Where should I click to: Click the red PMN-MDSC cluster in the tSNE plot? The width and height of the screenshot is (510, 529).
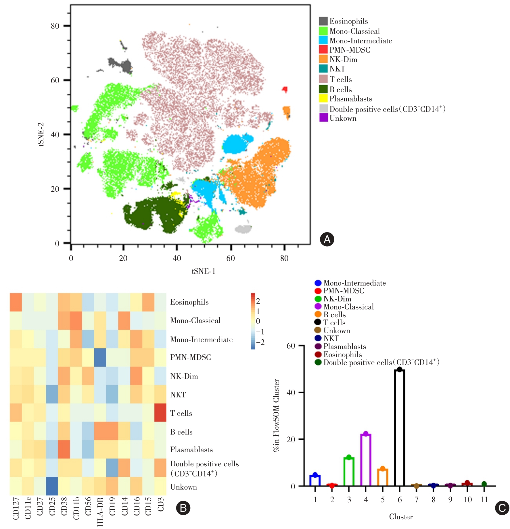coord(285,90)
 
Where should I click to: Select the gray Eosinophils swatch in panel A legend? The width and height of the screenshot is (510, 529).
coord(323,21)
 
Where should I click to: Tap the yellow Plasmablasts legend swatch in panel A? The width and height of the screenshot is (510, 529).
coord(323,99)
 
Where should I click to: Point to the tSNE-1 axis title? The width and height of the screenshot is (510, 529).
coord(204,271)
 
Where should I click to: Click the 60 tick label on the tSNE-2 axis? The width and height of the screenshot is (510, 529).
coord(55,80)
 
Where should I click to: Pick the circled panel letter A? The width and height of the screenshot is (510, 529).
coord(327,239)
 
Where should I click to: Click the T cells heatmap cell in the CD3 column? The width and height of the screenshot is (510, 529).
coord(160,413)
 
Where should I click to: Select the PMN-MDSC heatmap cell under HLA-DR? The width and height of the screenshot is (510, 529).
coord(100,357)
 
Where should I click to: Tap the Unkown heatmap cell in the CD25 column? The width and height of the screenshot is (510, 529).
coord(52,486)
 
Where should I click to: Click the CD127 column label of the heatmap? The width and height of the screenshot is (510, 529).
coord(16,509)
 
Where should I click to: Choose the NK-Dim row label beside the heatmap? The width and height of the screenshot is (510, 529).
coord(184,376)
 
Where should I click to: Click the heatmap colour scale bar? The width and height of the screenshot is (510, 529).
coord(253,321)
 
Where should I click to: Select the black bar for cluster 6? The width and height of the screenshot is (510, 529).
coord(399,428)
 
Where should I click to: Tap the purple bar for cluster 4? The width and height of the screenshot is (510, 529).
coord(366,460)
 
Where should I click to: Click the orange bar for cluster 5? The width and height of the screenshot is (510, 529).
coord(383,477)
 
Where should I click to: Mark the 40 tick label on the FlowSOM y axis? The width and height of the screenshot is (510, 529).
coord(291,393)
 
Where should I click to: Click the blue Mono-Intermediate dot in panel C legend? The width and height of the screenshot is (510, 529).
coord(318,283)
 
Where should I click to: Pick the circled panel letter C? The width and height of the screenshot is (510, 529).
coord(502,508)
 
